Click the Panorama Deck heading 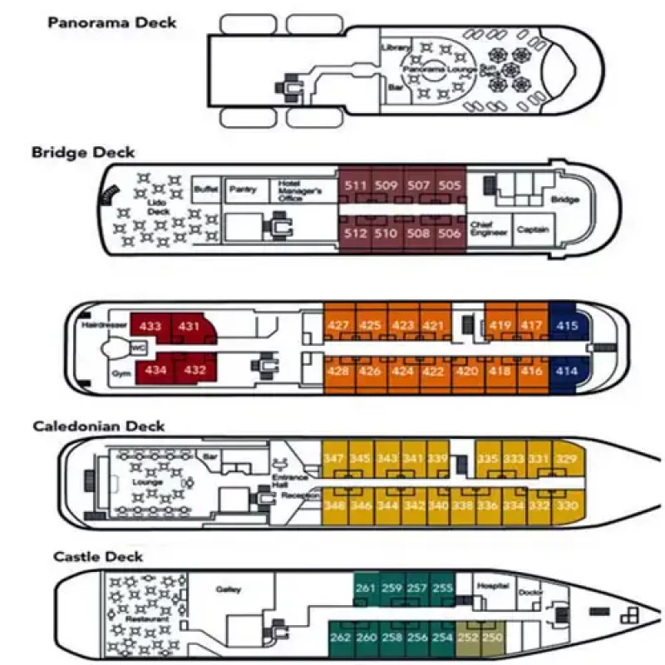112,22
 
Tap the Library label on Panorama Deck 396,48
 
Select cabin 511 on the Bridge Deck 356,185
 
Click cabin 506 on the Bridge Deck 449,234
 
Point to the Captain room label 532,229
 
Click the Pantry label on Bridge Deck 243,190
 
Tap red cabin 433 151,327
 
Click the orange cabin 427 338,325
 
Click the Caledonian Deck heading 99,426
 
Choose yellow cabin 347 334,459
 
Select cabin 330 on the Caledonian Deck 566,505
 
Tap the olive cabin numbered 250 492,638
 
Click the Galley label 228,589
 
